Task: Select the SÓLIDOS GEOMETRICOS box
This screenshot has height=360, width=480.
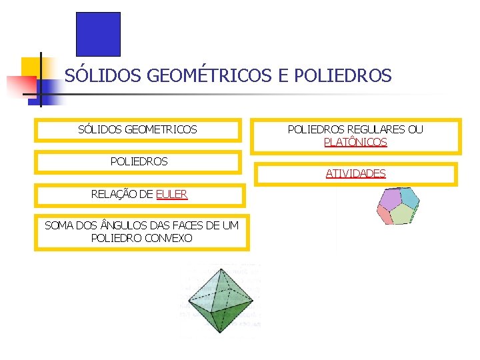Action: click(137, 129)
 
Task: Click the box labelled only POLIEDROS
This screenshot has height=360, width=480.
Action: click(139, 161)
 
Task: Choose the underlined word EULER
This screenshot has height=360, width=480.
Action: click(172, 195)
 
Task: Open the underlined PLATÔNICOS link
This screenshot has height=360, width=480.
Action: click(355, 142)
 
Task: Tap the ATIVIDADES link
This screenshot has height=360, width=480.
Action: click(355, 173)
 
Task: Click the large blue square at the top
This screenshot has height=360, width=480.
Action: click(98, 34)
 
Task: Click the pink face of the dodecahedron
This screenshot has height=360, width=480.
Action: click(384, 215)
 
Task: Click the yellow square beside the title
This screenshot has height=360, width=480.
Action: click(31, 67)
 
